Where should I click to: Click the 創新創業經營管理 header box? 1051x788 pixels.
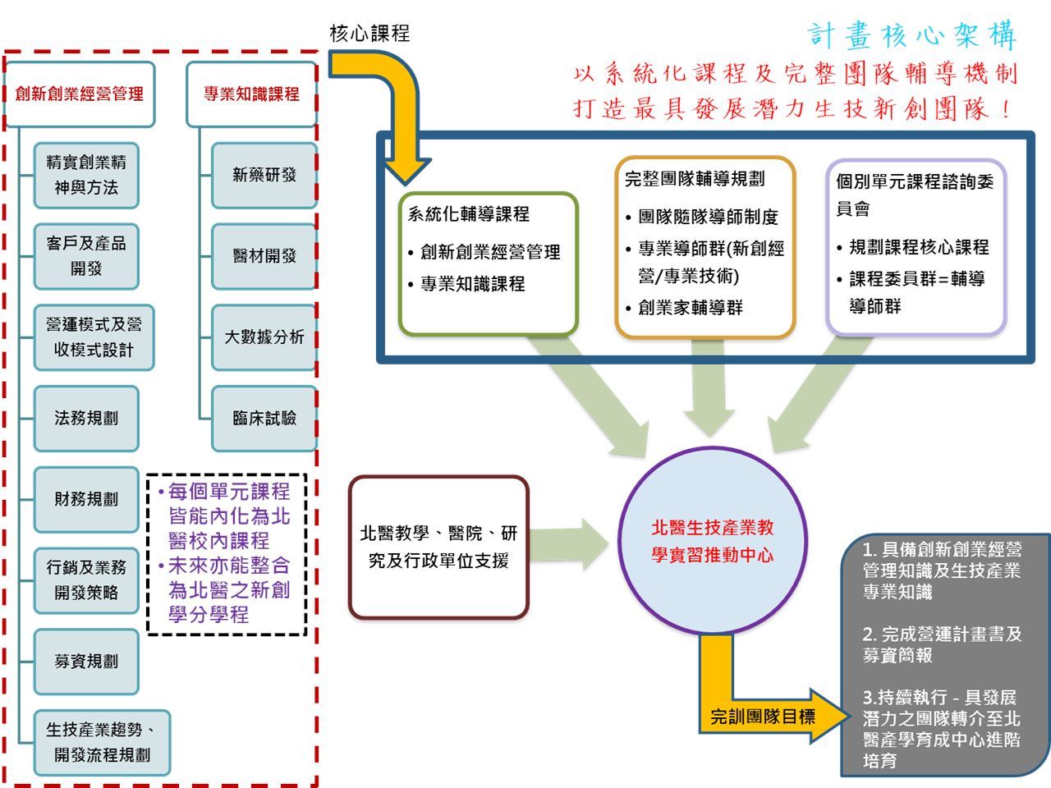pyautogui.click(x=80, y=94)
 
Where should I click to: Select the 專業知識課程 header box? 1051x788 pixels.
pyautogui.click(x=251, y=94)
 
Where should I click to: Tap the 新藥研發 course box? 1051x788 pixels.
pyautogui.click(x=264, y=175)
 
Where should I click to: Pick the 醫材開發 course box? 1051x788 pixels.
pyautogui.click(x=264, y=256)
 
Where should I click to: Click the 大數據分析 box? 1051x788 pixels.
pyautogui.click(x=264, y=337)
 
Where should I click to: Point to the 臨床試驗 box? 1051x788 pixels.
pyautogui.click(x=264, y=419)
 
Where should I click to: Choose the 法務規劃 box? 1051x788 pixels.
pyautogui.click(x=86, y=419)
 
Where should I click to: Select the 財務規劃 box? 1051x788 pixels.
pyautogui.click(x=86, y=499)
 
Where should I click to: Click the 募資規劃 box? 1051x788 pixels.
pyautogui.click(x=86, y=662)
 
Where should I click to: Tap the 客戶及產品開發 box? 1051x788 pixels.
pyautogui.click(x=86, y=256)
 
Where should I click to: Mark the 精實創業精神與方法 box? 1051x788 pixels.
pyautogui.click(x=86, y=175)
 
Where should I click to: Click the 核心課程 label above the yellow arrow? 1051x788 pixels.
pyautogui.click(x=369, y=34)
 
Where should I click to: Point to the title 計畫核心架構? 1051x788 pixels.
pyautogui.click(x=912, y=35)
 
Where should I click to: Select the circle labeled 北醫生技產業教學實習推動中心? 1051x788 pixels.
pyautogui.click(x=712, y=541)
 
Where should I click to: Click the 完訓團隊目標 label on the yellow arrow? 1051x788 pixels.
pyautogui.click(x=763, y=717)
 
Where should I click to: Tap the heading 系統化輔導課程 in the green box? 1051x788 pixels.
pyautogui.click(x=469, y=214)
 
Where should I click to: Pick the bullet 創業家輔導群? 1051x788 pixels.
pyautogui.click(x=691, y=308)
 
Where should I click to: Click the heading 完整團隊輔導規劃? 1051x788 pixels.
pyautogui.click(x=695, y=178)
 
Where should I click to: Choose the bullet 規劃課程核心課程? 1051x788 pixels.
pyautogui.click(x=919, y=247)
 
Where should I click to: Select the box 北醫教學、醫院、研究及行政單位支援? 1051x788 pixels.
pyautogui.click(x=438, y=547)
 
